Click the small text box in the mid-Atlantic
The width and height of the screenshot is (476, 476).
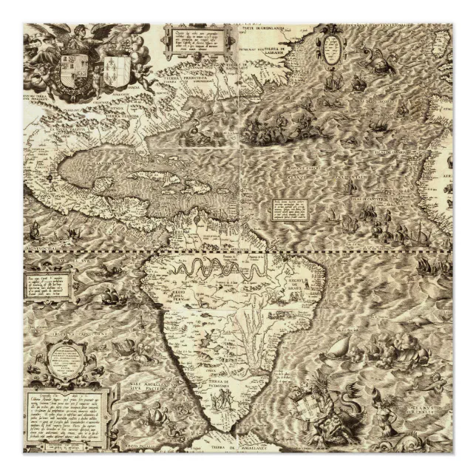click(x=287, y=208)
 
